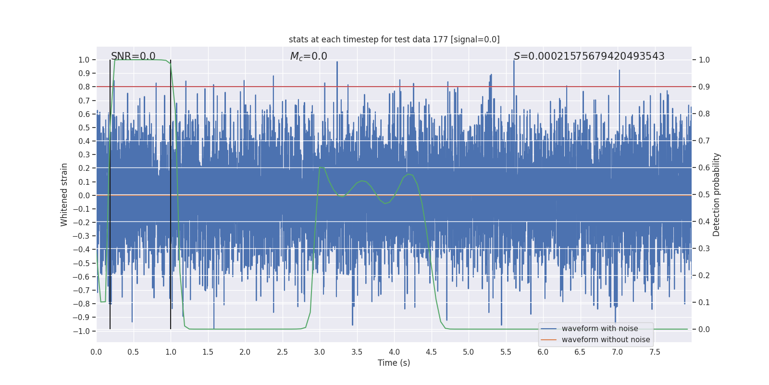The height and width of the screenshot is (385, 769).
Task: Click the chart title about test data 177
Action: (x=394, y=39)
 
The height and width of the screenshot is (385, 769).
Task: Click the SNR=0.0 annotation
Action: (x=133, y=56)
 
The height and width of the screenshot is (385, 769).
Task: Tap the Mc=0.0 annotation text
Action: (x=309, y=56)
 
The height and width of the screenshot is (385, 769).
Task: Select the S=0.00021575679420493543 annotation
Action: (x=589, y=56)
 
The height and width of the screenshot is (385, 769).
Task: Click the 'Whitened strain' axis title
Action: (x=64, y=194)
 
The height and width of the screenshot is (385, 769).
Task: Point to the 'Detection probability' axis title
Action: (x=717, y=194)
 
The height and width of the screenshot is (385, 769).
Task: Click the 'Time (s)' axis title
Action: (x=394, y=363)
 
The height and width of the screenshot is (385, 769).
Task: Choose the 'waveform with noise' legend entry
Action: (x=599, y=329)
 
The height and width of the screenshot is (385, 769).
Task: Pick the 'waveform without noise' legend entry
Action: (x=605, y=340)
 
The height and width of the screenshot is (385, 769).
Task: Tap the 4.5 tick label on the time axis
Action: (x=431, y=352)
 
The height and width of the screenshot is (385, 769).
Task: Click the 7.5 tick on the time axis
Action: (x=655, y=352)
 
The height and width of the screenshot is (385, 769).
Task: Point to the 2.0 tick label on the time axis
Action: (x=245, y=352)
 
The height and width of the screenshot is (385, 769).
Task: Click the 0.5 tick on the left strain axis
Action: (x=84, y=128)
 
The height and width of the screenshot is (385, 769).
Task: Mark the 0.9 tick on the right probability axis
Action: (x=704, y=87)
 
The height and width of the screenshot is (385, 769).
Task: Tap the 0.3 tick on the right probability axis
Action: (x=704, y=248)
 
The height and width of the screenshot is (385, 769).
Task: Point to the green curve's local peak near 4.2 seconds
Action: (x=408, y=174)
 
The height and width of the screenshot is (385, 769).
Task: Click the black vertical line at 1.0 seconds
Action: (x=171, y=192)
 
